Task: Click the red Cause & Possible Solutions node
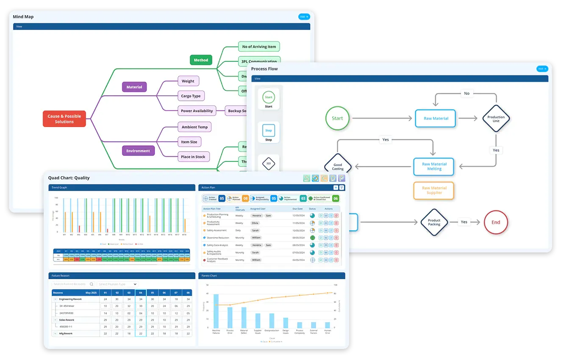64,119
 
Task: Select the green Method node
201,60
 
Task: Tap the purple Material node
134,87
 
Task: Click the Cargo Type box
191,96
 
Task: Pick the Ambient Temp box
194,127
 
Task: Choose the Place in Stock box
193,157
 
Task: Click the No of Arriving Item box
259,47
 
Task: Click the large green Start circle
337,118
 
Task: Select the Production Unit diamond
496,119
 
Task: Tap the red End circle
496,222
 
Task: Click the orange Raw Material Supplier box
434,191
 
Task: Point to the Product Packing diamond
434,222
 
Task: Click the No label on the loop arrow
467,93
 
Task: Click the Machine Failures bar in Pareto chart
216,311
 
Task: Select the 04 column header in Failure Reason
141,293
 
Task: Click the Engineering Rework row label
70,299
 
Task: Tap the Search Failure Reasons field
70,284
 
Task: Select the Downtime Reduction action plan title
218,238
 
